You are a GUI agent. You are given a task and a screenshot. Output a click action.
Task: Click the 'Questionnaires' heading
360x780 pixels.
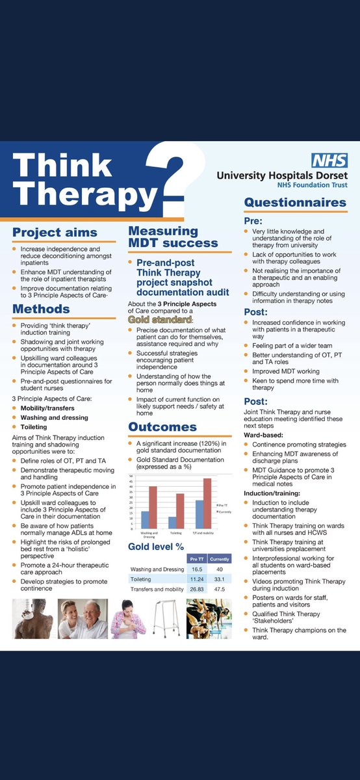(x=295, y=202)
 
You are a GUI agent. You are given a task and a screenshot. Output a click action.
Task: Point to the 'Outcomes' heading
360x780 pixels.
(x=162, y=427)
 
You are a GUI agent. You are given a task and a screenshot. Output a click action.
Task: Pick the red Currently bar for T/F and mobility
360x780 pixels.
(x=207, y=503)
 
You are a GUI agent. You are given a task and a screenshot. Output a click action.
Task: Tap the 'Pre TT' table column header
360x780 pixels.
(x=197, y=558)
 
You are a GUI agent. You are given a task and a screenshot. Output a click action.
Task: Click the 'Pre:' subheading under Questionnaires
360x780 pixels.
(x=253, y=221)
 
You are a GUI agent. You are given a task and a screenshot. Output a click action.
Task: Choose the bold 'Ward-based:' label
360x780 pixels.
(x=264, y=434)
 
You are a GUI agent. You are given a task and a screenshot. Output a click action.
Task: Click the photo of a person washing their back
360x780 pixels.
(x=32, y=619)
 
